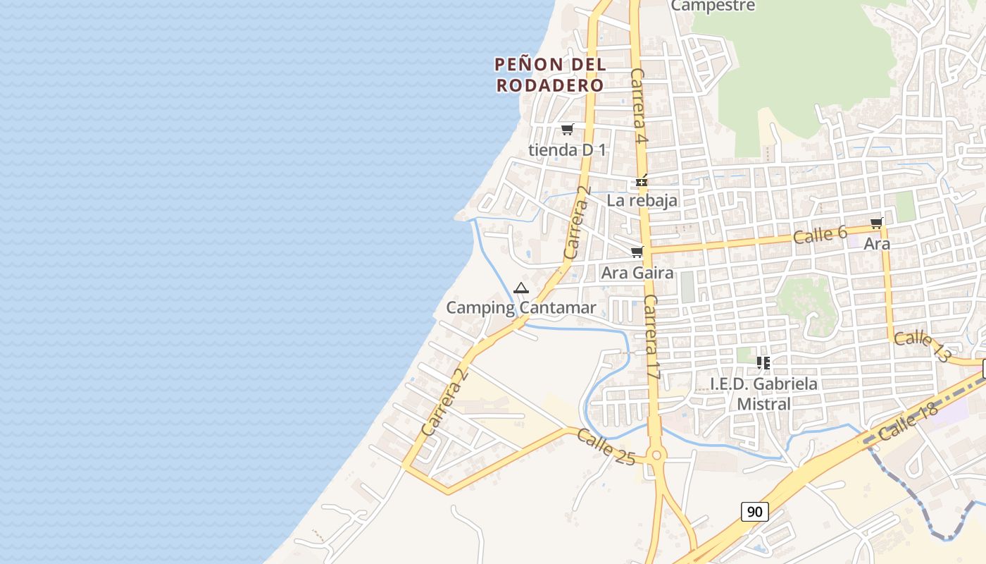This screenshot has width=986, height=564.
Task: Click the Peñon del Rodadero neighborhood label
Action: [549, 75]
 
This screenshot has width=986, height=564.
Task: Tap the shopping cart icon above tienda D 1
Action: [567, 129]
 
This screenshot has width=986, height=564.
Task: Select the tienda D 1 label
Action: [567, 149]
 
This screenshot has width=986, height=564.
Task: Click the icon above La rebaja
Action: [642, 181]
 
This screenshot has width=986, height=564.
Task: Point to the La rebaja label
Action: [642, 200]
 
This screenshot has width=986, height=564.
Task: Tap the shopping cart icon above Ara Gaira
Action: [637, 252]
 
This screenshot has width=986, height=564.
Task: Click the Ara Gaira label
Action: [637, 272]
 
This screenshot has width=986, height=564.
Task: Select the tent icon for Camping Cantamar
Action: [520, 288]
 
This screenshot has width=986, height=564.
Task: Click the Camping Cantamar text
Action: [521, 307]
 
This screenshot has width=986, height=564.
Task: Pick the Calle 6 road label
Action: [820, 235]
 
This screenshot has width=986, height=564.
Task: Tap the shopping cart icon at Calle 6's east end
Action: [876, 223]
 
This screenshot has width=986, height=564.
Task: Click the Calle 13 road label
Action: [922, 347]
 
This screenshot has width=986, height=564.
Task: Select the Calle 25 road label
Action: [606, 446]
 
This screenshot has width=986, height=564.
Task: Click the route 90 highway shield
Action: [754, 511]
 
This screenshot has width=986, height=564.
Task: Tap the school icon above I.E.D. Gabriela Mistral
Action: [763, 363]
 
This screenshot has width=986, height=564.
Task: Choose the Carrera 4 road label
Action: [639, 106]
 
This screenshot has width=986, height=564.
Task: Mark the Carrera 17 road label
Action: [651, 338]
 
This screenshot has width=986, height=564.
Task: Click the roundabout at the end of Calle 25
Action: [657, 455]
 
